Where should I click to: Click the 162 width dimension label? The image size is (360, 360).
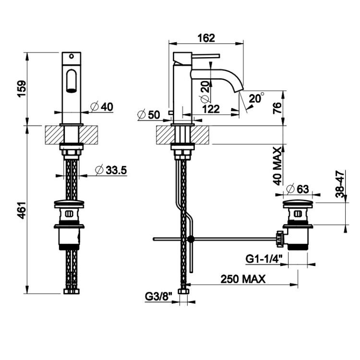[x=206, y=38]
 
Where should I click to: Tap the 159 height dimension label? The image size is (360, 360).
[x=22, y=89]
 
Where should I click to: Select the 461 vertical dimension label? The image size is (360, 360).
[x=22, y=210]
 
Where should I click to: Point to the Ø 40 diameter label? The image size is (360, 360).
[x=102, y=107]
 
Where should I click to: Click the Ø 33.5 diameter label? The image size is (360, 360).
[x=111, y=170]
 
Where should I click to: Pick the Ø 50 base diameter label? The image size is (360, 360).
[x=148, y=115]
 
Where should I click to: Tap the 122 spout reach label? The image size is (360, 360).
[x=211, y=109]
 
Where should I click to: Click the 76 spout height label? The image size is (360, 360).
[x=277, y=108]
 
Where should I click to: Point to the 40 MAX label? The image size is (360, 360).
[x=277, y=166]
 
